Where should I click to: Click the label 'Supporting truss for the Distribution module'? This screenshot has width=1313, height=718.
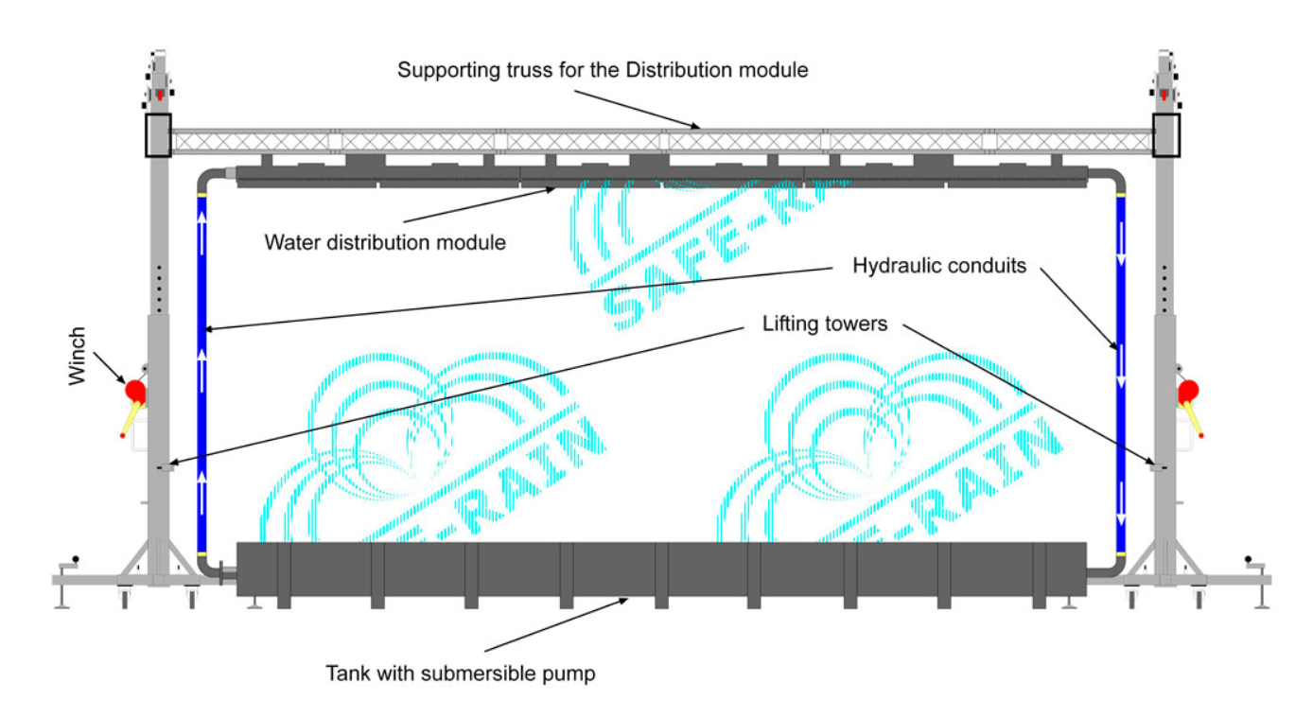click(x=603, y=70)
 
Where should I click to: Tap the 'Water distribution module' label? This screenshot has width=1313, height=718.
click(x=385, y=242)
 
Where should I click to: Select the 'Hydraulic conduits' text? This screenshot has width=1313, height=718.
click(x=938, y=266)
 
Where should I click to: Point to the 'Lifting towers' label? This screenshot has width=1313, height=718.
click(x=825, y=324)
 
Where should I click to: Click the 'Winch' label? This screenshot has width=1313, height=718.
click(x=79, y=356)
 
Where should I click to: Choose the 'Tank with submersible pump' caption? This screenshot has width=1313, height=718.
click(x=461, y=674)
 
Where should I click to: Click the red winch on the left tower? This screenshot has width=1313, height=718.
click(x=134, y=390)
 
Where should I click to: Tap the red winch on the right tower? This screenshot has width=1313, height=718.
click(x=1188, y=389)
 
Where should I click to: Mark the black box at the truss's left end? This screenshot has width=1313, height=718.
click(x=157, y=135)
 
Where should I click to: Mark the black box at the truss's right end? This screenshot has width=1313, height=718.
click(x=1166, y=135)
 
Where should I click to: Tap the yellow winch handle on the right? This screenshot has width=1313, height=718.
click(x=1195, y=419)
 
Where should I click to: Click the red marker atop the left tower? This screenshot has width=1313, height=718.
click(x=159, y=96)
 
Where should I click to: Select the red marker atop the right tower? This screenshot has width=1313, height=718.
click(x=1164, y=96)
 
